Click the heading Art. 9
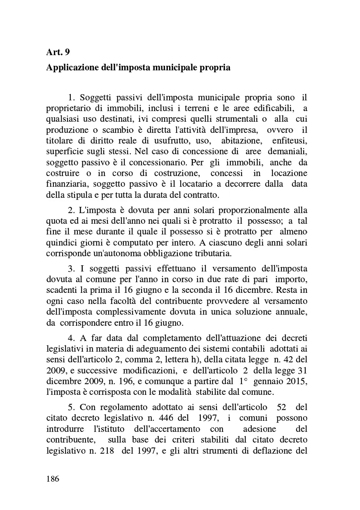pos(58,52)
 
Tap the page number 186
pos(53,479)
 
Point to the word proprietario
pos(67,109)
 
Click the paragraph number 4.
pos(71,338)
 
